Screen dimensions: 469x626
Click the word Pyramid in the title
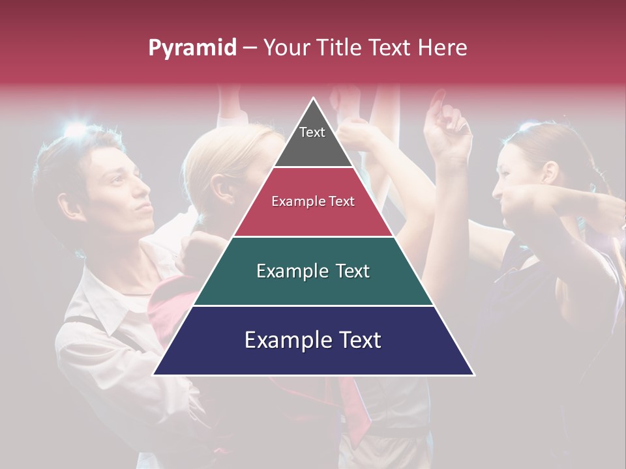[192, 48]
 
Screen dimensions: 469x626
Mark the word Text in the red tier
[341, 202]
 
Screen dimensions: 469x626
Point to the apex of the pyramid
[314, 99]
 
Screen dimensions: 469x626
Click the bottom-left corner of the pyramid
[154, 374]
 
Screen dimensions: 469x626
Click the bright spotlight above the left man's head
[75, 129]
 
